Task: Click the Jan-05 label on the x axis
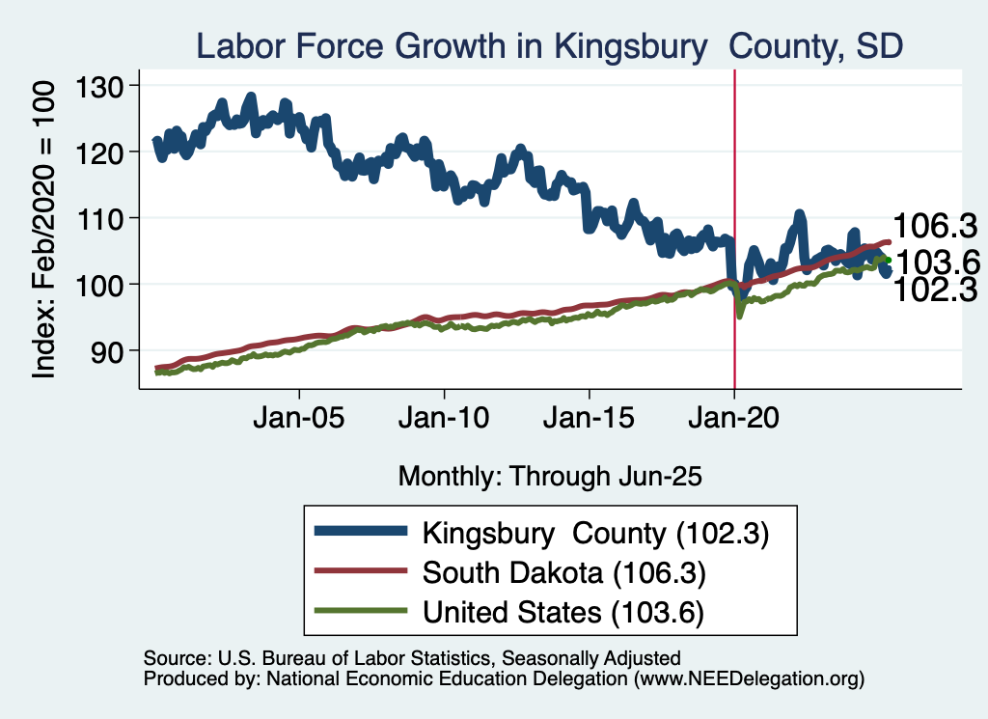(299, 421)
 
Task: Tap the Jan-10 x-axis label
(444, 421)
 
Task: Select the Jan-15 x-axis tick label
(589, 421)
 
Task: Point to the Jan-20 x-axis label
(734, 421)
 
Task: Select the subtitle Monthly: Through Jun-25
(549, 476)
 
